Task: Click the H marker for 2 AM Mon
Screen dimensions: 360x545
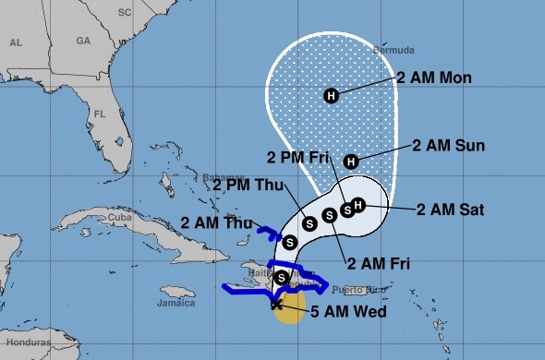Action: coord(332,95)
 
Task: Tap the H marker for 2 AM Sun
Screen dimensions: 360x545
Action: coord(350,162)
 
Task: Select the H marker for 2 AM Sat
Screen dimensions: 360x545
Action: coord(359,204)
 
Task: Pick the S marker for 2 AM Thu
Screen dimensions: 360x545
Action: coord(289,242)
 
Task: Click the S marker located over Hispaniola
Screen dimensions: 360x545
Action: coord(281,277)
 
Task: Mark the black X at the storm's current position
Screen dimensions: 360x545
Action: coord(277,304)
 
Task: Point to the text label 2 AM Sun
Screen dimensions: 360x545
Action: coord(449,145)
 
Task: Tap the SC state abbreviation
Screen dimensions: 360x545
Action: coord(127,13)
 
